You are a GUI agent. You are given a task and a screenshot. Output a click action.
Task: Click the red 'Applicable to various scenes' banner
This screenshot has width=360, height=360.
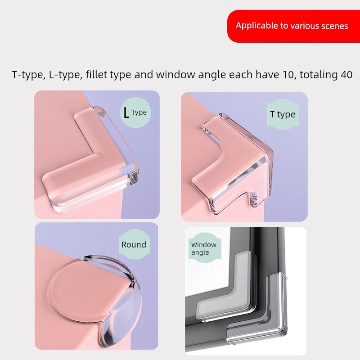[x=294, y=26]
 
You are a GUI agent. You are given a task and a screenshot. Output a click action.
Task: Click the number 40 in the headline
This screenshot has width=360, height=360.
[x=346, y=75]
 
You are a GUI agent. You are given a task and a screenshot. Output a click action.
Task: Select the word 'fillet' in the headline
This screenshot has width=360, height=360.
[x=96, y=75]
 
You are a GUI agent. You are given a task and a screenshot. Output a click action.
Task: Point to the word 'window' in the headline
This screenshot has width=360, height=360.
[x=175, y=75]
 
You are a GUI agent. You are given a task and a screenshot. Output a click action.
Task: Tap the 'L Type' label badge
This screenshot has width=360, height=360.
[x=135, y=112]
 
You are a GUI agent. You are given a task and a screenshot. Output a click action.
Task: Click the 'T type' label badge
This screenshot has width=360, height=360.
[x=283, y=114]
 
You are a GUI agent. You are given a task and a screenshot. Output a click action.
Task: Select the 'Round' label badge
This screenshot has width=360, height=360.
[x=135, y=244]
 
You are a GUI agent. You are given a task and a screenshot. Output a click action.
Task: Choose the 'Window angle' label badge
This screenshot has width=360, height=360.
[x=205, y=248]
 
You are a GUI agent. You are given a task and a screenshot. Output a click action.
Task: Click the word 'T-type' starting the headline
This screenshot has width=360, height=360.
[x=27, y=75]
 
